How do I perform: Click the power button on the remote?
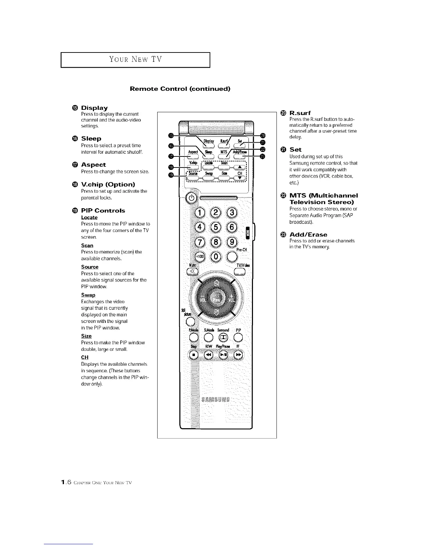[x=191, y=199]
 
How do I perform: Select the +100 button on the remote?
[x=200, y=257]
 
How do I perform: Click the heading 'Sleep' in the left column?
[x=91, y=138]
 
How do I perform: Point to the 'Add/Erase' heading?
[x=308, y=234]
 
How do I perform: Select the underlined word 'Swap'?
[x=88, y=295]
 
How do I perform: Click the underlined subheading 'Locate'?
[x=89, y=217]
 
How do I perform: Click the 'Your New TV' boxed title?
[x=135, y=59]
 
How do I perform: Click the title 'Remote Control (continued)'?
[x=180, y=89]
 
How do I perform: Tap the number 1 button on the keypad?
[x=200, y=212]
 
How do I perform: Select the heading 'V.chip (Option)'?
[x=108, y=184]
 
